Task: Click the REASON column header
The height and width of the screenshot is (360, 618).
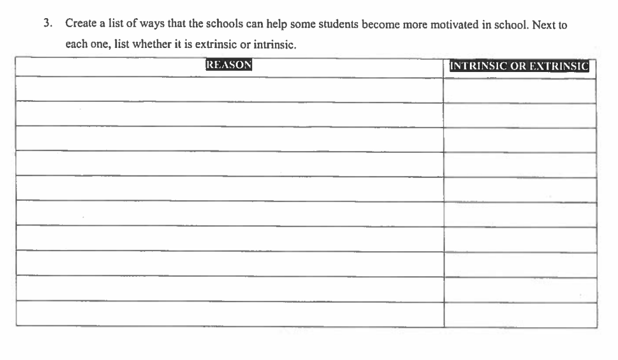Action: tap(228, 65)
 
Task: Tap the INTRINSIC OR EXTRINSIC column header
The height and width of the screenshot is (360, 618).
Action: tap(519, 66)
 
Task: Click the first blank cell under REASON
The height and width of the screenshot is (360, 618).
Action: tap(229, 90)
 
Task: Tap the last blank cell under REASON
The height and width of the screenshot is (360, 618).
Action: tap(229, 314)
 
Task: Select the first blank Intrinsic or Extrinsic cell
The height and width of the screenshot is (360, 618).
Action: tap(519, 91)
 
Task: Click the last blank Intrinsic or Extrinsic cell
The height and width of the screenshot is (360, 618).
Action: tap(519, 315)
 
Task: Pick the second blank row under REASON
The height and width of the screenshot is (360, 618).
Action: tap(229, 114)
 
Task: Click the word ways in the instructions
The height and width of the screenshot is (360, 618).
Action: tap(136, 25)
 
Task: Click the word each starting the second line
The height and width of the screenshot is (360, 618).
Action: tap(75, 44)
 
